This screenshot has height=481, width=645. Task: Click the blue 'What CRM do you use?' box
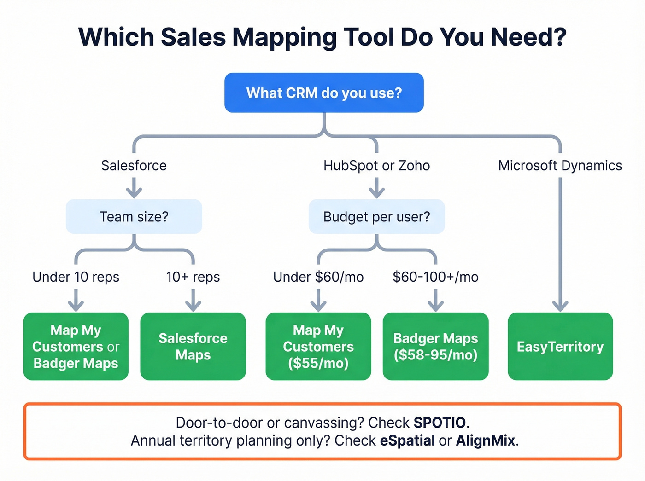pos(324,93)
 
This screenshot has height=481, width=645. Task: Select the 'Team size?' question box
pos(134,216)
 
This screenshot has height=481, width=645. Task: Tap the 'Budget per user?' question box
pos(376,216)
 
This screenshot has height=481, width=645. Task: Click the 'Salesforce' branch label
pos(134,166)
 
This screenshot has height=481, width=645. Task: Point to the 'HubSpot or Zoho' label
pos(376,166)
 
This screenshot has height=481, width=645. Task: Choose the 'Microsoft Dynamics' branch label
pos(560,166)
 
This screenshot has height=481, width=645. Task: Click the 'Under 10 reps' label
pos(76,277)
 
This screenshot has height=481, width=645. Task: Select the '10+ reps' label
pos(193,277)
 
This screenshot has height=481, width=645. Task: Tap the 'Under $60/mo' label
pos(318,277)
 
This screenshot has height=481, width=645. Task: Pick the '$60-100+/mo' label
pos(435,277)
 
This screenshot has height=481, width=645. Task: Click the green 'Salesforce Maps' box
pos(193,347)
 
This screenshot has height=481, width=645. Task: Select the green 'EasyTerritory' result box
pos(560,347)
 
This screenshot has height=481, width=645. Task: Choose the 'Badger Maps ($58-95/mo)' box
pos(435,347)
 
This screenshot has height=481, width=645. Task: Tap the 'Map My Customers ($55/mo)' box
pos(318,347)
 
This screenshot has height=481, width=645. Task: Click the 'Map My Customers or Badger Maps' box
pos(76,347)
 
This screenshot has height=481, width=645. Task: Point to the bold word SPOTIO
pos(440,423)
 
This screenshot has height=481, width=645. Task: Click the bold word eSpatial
pos(407,440)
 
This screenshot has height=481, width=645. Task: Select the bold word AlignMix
pos(486,440)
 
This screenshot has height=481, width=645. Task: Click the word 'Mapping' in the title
pos(284,38)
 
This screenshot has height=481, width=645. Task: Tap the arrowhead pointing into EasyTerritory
pos(560,306)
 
